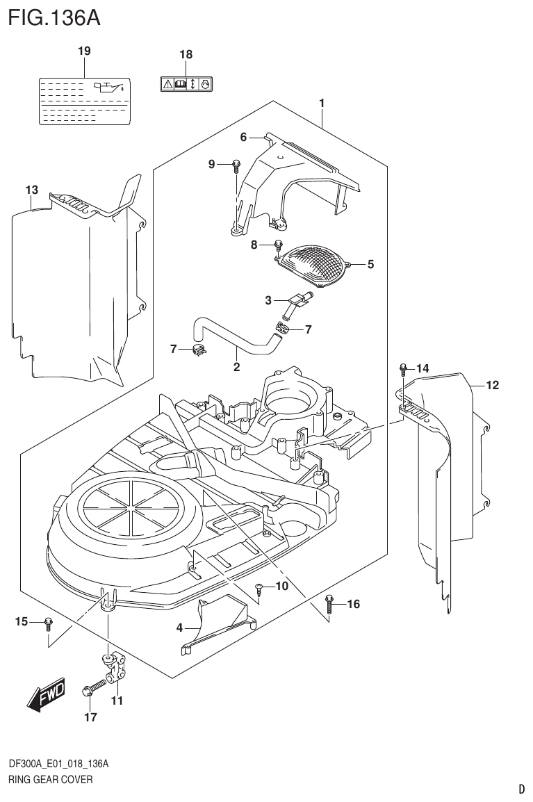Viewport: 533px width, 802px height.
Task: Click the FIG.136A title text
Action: coord(54,17)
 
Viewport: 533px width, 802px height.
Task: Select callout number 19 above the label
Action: coord(84,51)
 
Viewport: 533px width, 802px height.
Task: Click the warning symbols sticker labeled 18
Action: coord(186,84)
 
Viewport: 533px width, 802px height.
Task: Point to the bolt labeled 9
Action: coord(236,165)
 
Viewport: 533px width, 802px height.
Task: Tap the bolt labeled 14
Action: coord(402,368)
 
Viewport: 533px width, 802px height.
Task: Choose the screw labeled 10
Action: coord(259,588)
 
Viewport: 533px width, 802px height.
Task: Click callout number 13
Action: coord(31,190)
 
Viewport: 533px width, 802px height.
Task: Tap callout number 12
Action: coord(492,385)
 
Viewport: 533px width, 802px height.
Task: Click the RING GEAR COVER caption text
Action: coord(50,780)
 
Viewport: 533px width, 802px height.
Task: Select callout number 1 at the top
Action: coord(322,103)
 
